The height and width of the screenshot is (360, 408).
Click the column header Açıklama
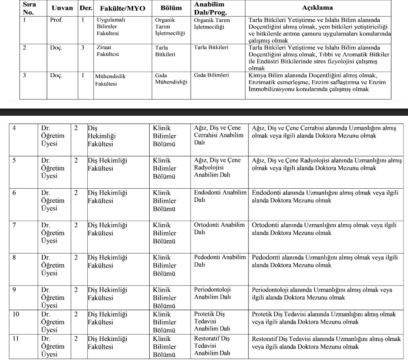pos(317,8)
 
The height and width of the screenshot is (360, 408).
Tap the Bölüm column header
pos(171,8)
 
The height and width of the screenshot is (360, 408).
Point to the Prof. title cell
pos(56,20)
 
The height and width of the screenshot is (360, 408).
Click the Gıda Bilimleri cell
pos(211,75)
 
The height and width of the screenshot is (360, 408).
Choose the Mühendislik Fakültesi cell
pos(111,80)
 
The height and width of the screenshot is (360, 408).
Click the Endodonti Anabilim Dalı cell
pos(220,196)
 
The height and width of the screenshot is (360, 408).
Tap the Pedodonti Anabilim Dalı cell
pos(220,261)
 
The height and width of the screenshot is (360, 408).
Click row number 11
pos(17,339)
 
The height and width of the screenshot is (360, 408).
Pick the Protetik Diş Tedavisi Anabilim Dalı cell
pos(212,321)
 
